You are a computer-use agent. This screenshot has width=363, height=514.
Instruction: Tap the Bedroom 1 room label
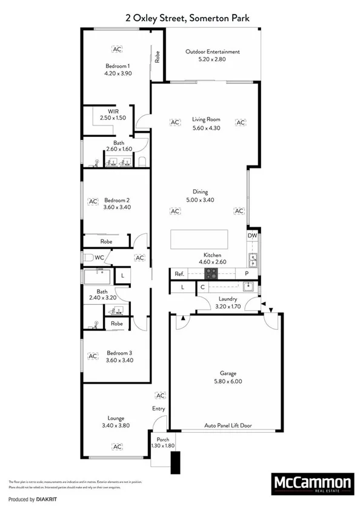tap(118, 65)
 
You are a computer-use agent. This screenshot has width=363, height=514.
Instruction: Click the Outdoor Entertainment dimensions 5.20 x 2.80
tap(212, 59)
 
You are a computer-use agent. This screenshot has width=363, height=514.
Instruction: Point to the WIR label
tap(113, 111)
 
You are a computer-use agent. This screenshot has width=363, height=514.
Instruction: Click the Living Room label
tap(206, 120)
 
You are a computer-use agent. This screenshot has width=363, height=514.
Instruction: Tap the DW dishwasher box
tap(252, 236)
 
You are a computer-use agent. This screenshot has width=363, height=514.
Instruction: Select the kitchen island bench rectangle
tap(199, 239)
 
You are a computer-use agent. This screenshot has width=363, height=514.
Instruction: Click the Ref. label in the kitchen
tap(179, 274)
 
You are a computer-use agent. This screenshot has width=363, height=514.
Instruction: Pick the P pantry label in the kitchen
tap(247, 274)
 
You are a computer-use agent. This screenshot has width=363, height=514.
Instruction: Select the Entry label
tap(158, 409)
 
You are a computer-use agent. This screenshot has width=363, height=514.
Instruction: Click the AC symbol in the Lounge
tap(115, 446)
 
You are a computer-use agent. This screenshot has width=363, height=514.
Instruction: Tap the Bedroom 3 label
tap(118, 353)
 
